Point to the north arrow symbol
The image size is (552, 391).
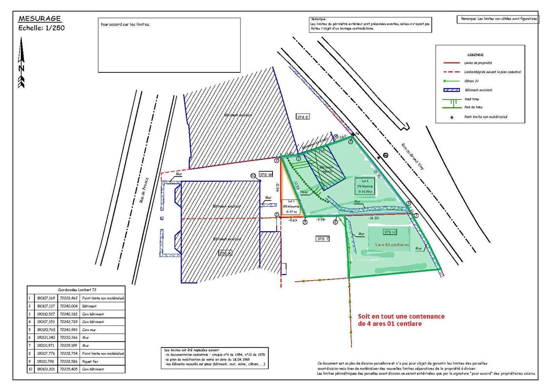click(21, 64)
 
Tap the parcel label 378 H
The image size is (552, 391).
click(389, 232)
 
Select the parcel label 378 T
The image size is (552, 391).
click(323, 239)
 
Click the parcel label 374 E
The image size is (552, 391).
click(303, 117)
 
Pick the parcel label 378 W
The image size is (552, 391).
click(266, 174)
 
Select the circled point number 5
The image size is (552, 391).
click(350, 141)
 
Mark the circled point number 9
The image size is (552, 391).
click(305, 222)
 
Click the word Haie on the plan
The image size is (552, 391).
click(304, 192)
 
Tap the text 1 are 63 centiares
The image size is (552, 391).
click(391, 244)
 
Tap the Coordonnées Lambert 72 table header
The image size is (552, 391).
click(77, 290)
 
